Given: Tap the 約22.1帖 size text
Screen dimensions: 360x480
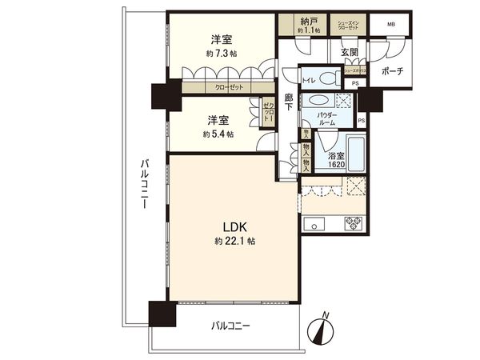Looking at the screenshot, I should click(229, 240).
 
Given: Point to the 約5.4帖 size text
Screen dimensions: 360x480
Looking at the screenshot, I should click(219, 134).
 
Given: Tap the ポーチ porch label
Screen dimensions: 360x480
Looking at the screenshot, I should click(392, 70).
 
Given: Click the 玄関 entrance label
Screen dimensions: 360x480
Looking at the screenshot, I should click(349, 53).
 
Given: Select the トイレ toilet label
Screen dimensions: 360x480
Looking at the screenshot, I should click(308, 81).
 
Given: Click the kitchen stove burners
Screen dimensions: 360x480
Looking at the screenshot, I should click(354, 222).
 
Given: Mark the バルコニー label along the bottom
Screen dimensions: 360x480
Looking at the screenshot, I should click(231, 326).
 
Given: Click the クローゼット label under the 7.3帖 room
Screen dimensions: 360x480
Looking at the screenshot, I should click(230, 88).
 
